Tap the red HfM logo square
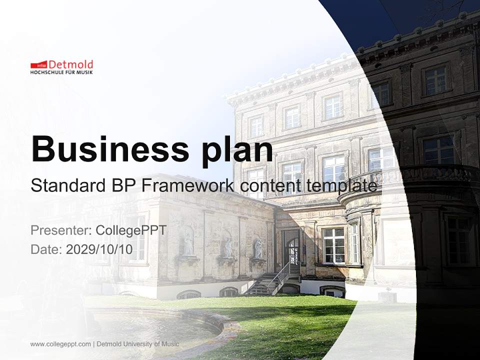point(38,65)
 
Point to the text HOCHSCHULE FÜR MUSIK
point(61,72)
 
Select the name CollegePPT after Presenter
point(131,230)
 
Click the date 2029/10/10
point(99,249)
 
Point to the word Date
point(45,249)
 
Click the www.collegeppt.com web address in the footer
point(60,344)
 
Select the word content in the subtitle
point(270,185)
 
